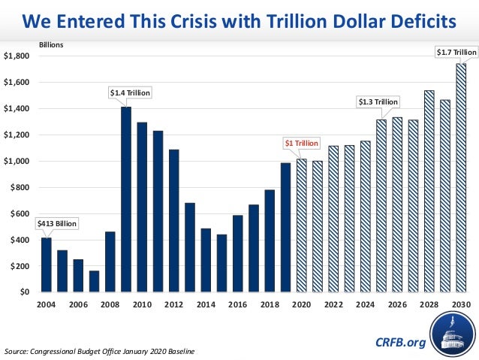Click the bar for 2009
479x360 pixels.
click(x=126, y=199)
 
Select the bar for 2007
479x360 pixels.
click(x=94, y=281)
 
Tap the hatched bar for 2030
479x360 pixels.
click(x=460, y=177)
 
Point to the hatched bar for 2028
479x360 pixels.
click(x=429, y=191)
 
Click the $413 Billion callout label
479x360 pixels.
click(x=56, y=224)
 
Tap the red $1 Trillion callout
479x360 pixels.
click(x=300, y=143)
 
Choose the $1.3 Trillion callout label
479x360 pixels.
click(x=377, y=101)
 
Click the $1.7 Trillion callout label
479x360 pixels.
click(x=456, y=52)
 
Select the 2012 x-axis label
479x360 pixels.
click(x=174, y=307)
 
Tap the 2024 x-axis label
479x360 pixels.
click(x=366, y=307)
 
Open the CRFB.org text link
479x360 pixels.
click(x=399, y=343)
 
